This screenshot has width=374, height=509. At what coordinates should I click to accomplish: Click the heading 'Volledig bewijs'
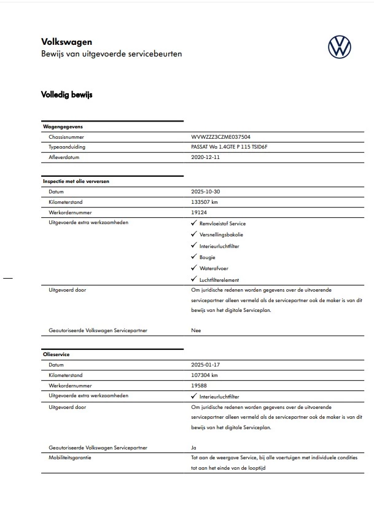click(66, 95)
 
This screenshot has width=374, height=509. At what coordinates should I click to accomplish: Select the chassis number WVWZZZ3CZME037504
click(220, 138)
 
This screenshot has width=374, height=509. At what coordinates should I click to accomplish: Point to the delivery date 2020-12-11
click(206, 157)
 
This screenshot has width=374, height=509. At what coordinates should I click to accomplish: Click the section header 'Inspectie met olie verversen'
click(76, 182)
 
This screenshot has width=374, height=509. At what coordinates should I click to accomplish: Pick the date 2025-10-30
click(206, 192)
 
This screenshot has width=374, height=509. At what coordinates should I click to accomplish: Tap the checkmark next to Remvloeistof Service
click(194, 223)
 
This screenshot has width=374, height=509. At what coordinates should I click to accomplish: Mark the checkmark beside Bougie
click(194, 257)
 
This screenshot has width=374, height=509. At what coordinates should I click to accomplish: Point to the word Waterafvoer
click(214, 268)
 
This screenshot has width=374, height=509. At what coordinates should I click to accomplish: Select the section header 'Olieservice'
click(56, 355)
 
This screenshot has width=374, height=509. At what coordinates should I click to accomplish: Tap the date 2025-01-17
click(206, 365)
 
